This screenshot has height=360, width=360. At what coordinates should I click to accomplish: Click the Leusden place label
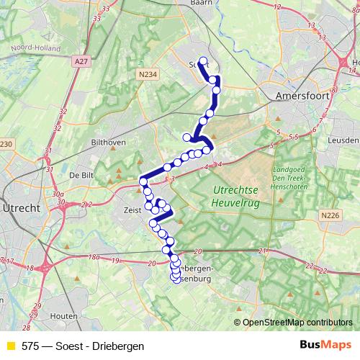click(343, 140)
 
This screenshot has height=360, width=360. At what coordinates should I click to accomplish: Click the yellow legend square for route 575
click(9, 346)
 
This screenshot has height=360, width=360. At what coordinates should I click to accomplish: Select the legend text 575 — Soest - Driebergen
click(83, 346)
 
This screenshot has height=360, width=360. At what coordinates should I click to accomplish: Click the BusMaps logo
click(328, 346)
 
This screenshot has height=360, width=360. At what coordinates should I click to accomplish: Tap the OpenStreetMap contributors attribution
click(297, 323)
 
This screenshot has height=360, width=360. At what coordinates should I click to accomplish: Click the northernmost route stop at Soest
click(203, 62)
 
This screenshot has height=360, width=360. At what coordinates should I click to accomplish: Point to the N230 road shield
click(6, 145)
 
